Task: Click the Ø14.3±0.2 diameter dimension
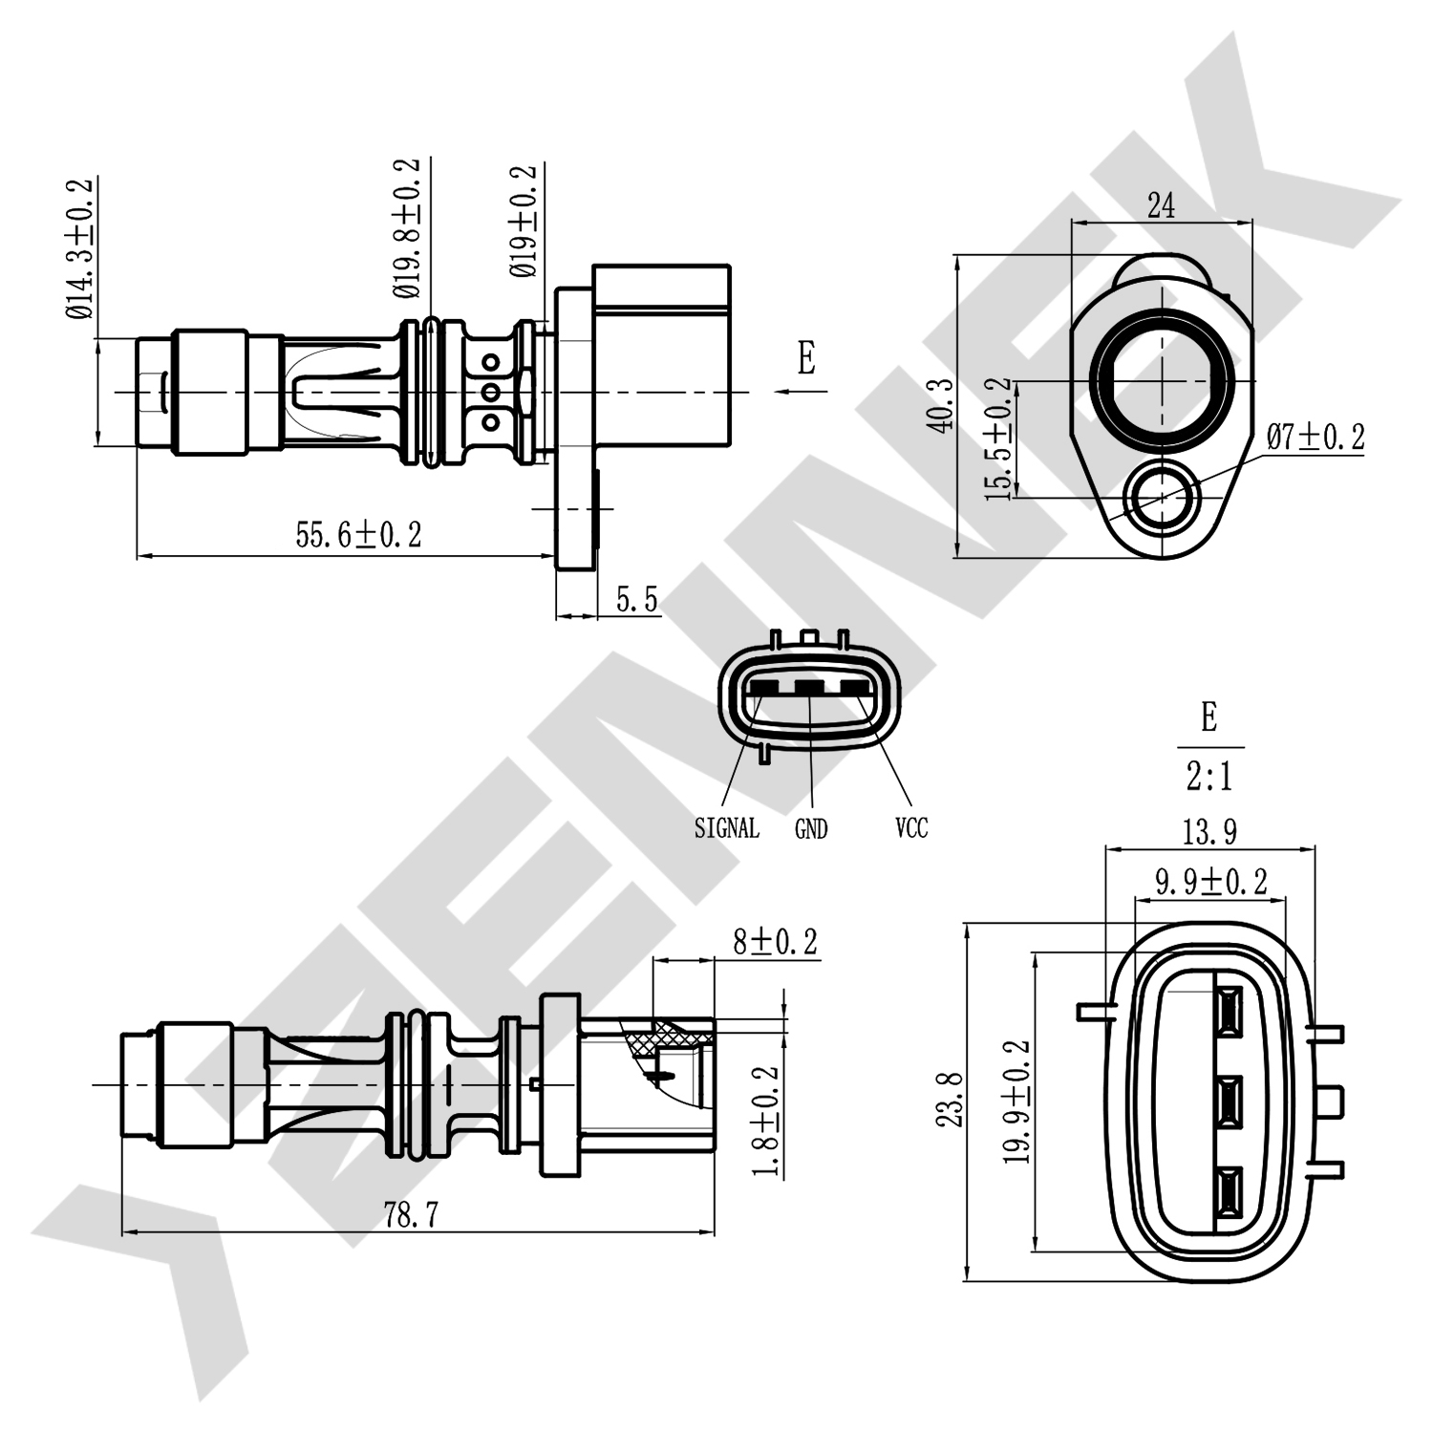(80, 248)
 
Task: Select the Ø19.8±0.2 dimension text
(406, 227)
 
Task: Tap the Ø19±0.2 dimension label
(524, 222)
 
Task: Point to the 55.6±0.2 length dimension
(358, 535)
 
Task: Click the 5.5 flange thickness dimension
(636, 600)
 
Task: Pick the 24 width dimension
(1161, 205)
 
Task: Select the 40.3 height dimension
(942, 404)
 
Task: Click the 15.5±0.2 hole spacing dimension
(998, 439)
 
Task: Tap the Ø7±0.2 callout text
(1315, 438)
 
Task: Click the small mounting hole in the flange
(1162, 497)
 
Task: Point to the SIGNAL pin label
(727, 828)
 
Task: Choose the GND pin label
(811, 829)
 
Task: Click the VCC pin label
(911, 827)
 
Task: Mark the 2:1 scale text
(1209, 777)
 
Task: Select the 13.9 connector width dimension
(1209, 832)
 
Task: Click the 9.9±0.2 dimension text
(1211, 882)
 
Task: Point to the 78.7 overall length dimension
(411, 1215)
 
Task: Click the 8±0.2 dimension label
(775, 942)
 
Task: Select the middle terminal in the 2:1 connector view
(1228, 1101)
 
